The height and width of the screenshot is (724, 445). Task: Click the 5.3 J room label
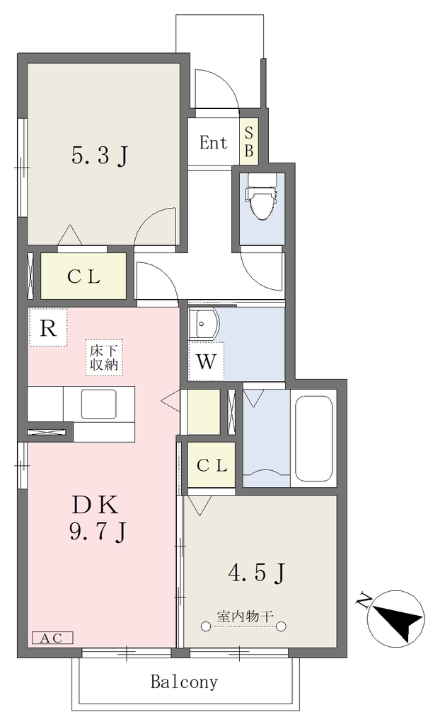[100, 155]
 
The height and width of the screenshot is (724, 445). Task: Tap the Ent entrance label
[214, 143]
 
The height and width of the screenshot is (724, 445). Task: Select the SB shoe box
[248, 141]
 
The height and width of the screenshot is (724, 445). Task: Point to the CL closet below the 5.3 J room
[83, 276]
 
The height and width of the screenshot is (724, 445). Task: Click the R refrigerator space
[47, 328]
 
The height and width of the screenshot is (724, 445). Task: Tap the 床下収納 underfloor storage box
[104, 357]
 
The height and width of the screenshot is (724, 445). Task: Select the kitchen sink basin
[99, 404]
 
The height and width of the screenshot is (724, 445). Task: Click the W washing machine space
[206, 361]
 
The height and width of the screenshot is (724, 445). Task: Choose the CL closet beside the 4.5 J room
[212, 465]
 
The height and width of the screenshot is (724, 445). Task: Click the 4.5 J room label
[257, 573]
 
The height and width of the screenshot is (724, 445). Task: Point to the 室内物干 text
[245, 616]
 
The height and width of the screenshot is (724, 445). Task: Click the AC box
[52, 638]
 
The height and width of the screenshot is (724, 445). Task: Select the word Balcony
[184, 682]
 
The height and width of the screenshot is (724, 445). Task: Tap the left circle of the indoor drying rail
[205, 626]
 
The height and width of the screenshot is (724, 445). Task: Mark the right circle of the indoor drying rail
[282, 626]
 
